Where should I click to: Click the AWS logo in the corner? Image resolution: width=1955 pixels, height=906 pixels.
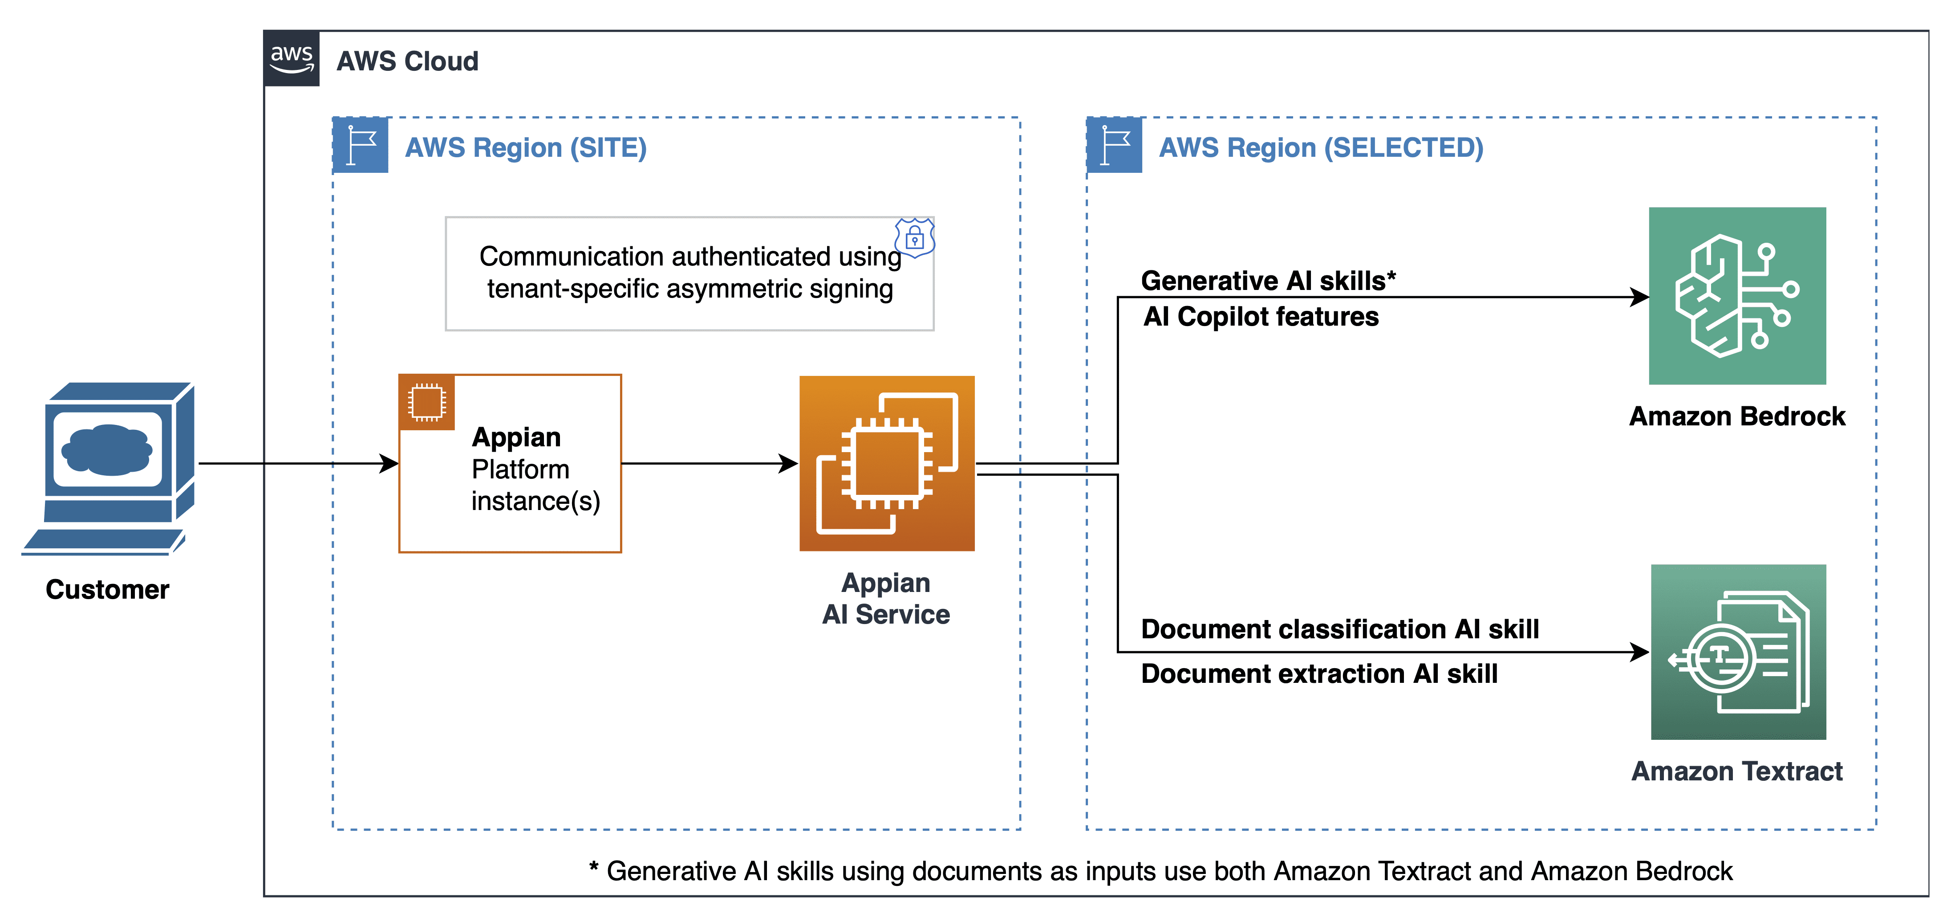click(292, 58)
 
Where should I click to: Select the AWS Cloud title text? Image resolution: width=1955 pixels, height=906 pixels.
click(408, 61)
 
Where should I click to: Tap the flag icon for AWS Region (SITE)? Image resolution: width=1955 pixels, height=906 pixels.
click(361, 145)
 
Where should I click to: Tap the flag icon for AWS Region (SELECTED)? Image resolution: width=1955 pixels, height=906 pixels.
click(1114, 145)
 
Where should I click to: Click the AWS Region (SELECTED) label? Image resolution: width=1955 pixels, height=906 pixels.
click(1321, 147)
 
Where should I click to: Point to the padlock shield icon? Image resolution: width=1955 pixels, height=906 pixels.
click(914, 238)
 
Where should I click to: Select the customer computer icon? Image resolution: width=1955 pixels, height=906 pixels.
click(110, 467)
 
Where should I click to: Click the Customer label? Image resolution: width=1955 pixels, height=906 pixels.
click(107, 589)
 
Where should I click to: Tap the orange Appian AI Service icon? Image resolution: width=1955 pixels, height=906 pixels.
click(886, 463)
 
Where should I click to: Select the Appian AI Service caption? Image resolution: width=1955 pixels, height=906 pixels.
click(886, 598)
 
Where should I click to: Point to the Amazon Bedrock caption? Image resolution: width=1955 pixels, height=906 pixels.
click(1737, 416)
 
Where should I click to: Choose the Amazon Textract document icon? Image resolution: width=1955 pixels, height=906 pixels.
click(1738, 652)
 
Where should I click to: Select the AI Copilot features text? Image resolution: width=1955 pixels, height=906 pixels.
click(1261, 316)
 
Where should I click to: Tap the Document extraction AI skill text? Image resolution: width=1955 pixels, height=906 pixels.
click(1319, 673)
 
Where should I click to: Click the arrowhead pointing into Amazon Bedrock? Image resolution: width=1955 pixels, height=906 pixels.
click(1639, 297)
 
